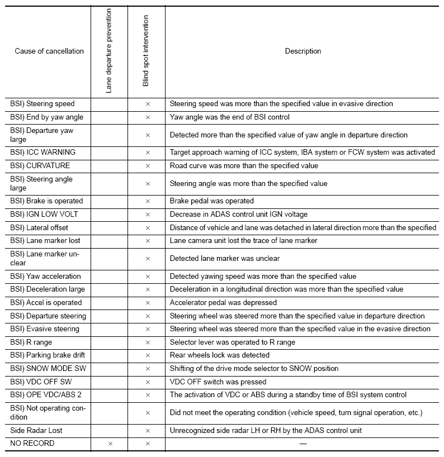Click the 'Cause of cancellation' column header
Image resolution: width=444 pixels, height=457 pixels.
49,51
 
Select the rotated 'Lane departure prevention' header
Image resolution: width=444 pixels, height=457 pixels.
108,51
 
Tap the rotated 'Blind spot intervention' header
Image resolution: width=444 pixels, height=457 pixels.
146,51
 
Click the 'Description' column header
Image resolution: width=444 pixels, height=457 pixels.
303,51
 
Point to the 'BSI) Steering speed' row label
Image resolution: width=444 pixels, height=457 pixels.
42,104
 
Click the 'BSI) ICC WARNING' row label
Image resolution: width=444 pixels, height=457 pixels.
42,153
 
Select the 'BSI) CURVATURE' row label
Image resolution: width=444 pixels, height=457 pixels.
40,166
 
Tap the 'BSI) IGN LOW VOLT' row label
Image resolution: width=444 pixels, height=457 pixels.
44,215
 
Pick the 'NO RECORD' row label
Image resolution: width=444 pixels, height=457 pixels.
32,444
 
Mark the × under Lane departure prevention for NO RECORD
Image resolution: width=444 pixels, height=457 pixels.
110,444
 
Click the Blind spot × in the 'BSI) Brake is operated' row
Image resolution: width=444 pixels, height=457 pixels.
148,201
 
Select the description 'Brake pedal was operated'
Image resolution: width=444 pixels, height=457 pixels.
211,201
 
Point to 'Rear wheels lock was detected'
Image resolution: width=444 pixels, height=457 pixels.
220,355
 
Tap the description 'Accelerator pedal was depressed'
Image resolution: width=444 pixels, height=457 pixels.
223,303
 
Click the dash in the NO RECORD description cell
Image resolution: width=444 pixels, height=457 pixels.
303,444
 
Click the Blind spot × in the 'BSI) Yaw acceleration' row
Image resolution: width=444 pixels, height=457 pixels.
148,277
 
